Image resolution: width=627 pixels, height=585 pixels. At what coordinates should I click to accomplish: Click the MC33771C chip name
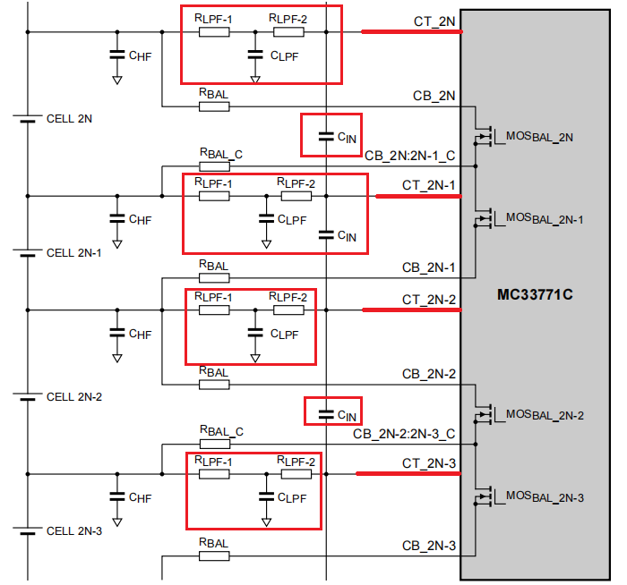point(535,294)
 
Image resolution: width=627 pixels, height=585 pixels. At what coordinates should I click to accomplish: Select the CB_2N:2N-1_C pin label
point(409,156)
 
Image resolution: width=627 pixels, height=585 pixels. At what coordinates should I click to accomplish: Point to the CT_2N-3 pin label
point(429,462)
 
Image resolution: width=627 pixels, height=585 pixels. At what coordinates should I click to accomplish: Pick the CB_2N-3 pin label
point(429,546)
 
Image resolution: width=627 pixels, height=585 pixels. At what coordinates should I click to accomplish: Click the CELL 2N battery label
point(69,118)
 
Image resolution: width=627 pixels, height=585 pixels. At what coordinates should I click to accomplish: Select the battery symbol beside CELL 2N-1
point(29,253)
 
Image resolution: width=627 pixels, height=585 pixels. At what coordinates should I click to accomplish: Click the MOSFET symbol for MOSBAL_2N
point(486,137)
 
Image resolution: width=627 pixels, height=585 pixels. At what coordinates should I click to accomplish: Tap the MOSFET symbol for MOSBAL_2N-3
point(486,496)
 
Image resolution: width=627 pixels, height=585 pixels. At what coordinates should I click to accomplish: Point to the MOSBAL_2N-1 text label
point(545,218)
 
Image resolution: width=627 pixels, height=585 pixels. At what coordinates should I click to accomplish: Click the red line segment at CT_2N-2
point(411,310)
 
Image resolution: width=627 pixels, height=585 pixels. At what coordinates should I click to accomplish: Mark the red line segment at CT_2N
point(411,32)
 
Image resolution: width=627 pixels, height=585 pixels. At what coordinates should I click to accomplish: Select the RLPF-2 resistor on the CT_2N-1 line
point(296,196)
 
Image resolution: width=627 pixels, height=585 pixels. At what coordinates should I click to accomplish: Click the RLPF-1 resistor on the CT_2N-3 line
point(214,473)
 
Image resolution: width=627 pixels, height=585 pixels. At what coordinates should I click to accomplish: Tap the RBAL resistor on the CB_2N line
point(214,106)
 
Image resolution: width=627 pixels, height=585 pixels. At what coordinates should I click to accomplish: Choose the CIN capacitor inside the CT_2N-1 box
point(326,235)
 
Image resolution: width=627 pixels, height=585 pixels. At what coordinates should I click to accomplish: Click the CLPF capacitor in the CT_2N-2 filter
point(255,332)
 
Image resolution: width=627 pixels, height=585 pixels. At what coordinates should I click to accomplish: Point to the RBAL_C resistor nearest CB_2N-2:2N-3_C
point(214,445)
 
